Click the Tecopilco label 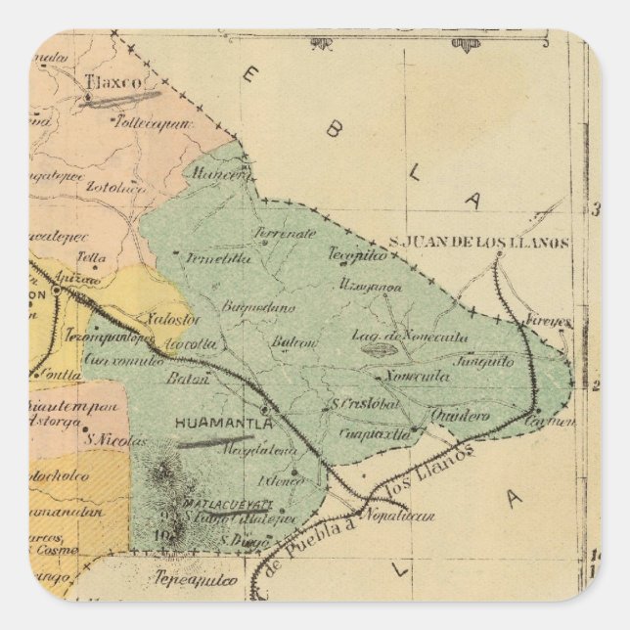(x=358, y=252)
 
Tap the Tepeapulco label (x=197, y=579)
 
